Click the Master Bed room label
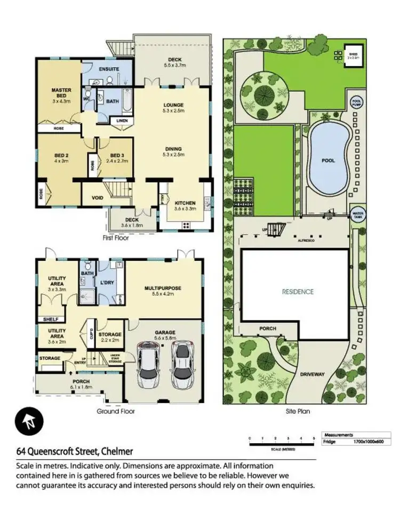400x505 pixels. tap(61, 91)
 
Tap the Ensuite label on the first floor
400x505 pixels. tap(108, 70)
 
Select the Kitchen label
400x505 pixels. tap(185, 203)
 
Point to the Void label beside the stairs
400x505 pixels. tap(97, 198)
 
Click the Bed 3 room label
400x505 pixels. tap(114, 155)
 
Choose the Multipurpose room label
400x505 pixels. tap(163, 288)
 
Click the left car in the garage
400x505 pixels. tap(149, 365)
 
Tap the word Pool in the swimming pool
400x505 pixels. tap(328, 160)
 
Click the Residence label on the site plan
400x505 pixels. tap(298, 292)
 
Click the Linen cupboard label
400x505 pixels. tap(122, 121)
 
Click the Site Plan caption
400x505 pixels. tap(298, 411)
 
